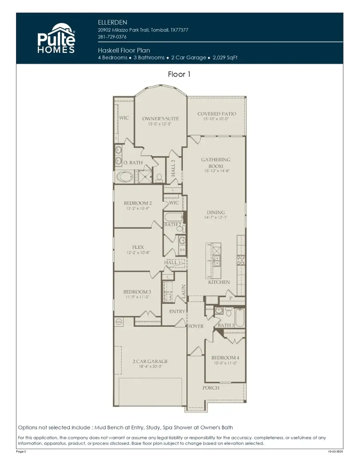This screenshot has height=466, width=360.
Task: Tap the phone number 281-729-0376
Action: [112, 37]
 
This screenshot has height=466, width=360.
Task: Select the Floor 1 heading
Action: [180, 74]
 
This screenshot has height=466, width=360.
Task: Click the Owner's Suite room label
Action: [160, 119]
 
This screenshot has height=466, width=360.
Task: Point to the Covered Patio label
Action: [216, 114]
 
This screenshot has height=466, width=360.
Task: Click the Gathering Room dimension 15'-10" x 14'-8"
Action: [216, 171]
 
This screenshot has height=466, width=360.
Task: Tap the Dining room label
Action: [216, 212]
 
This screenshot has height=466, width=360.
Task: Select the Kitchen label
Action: [219, 282]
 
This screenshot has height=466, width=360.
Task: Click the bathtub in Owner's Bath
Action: [125, 177]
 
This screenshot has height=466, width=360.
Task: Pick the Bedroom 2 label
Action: [138, 203]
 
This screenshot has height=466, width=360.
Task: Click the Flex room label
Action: [138, 247]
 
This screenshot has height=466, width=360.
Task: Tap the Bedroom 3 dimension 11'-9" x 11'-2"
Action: [137, 297]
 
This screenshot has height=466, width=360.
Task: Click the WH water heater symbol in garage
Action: [118, 321]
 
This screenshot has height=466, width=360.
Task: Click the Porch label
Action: [210, 388]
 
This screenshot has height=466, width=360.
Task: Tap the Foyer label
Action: [196, 326]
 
